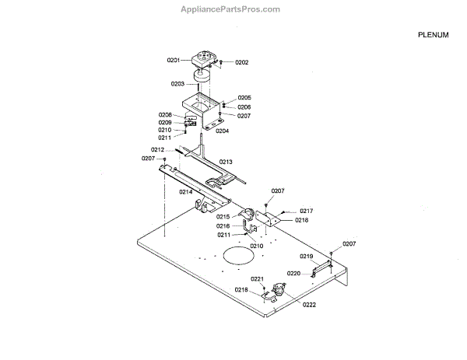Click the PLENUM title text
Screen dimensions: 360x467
433,35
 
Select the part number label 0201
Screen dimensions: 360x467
173,60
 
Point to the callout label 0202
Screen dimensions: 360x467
241,62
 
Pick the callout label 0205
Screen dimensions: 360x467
244,98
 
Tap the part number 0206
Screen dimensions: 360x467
244,107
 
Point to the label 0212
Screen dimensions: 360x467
157,149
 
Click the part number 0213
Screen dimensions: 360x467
225,162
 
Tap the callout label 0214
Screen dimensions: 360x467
185,191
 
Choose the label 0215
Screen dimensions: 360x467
223,217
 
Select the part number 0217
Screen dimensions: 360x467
306,211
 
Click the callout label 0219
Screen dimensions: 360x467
306,256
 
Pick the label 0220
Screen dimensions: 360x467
293,274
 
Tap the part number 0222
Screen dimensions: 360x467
309,305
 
